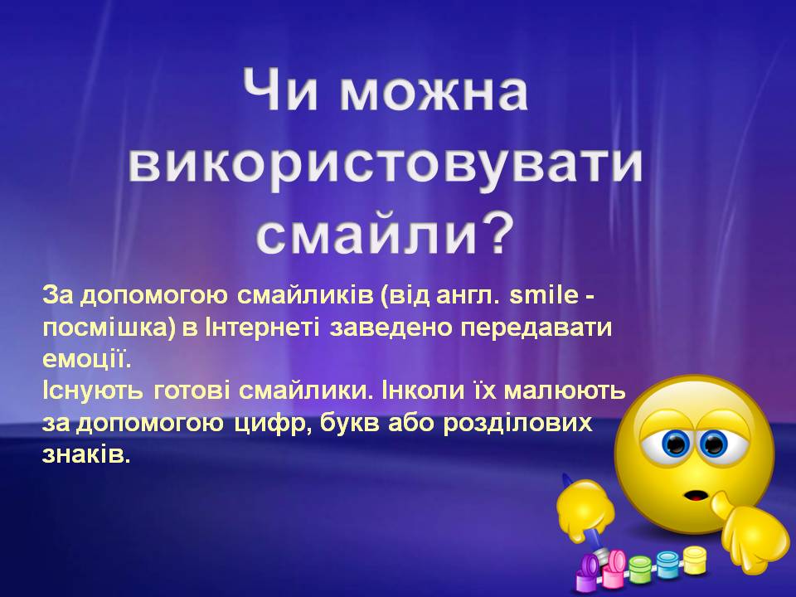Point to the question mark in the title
495,231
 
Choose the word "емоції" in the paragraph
85,358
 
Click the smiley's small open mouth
692,498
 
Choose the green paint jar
640,569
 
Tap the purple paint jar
588,572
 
